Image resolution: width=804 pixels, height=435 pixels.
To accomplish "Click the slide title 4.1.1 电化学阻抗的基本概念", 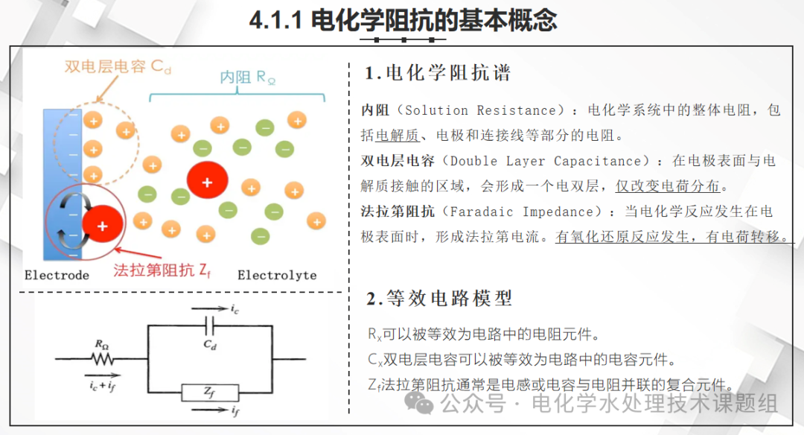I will pyautogui.click(x=403, y=20).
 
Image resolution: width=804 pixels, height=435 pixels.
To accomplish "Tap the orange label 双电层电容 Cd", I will pyautogui.click(x=118, y=66).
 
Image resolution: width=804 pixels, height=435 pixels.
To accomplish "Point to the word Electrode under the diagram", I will pyautogui.click(x=57, y=276).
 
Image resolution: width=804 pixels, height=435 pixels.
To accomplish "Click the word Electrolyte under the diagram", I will pyautogui.click(x=277, y=276).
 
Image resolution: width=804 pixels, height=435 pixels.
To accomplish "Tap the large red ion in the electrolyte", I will pyautogui.click(x=207, y=182).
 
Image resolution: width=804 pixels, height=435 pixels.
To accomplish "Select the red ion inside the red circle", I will pyautogui.click(x=102, y=224).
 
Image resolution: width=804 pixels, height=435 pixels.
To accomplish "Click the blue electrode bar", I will pyautogui.click(x=61, y=149).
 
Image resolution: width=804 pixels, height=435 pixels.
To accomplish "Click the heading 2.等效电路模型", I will pyautogui.click(x=439, y=299).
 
